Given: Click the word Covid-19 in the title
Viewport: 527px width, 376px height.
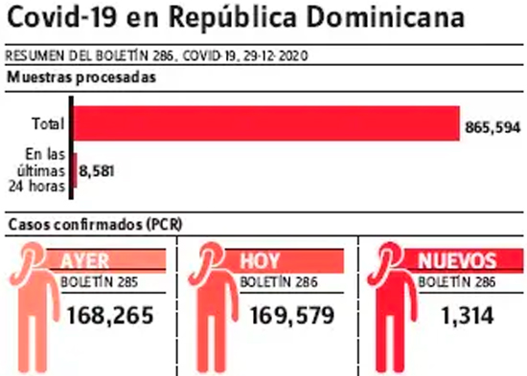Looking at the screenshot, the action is (62, 16).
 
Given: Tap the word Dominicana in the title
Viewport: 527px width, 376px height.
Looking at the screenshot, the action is (385, 16).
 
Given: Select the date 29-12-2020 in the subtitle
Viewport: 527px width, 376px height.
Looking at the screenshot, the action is (276, 55).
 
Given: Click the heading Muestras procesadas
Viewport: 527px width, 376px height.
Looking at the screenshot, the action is (81, 77).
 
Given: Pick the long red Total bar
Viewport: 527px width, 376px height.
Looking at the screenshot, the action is (266, 123).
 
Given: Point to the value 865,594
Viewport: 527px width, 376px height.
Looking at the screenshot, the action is (493, 127).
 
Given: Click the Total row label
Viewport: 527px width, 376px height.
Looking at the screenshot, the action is (49, 123).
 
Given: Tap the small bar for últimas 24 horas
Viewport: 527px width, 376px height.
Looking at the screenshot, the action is (76, 170).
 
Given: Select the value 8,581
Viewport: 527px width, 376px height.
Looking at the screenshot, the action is (97, 171).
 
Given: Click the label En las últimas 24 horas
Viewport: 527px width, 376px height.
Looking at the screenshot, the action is (37, 170).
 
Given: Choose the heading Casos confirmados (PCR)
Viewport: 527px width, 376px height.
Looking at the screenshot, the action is (95, 225).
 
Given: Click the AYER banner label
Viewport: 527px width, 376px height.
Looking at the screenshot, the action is (85, 260).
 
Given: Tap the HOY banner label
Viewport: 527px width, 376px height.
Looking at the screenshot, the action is (260, 260).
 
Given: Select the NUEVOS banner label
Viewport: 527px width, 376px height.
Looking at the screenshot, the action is (457, 260).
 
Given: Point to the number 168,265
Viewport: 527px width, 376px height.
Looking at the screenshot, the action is (110, 316).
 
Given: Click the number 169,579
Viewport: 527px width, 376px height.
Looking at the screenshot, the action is (292, 316).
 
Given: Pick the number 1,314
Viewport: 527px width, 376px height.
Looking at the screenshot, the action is (468, 316).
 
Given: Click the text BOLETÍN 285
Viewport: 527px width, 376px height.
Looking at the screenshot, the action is (99, 282).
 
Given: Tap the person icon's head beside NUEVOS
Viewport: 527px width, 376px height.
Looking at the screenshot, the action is (390, 255).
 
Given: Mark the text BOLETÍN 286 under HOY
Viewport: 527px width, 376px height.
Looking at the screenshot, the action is (279, 282).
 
